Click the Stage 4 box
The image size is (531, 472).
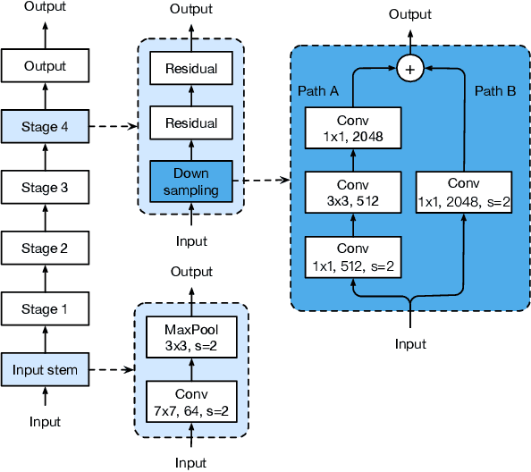point(45,126)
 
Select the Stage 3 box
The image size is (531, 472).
point(45,188)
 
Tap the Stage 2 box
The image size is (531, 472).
point(45,249)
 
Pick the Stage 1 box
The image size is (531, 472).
point(45,309)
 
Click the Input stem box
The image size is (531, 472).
point(45,370)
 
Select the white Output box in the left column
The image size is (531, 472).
point(45,66)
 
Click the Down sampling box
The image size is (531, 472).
point(190,180)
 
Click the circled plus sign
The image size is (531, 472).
point(410,69)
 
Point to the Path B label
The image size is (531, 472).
point(495,91)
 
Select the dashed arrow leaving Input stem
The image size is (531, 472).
point(112,370)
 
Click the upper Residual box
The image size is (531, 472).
point(190,68)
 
